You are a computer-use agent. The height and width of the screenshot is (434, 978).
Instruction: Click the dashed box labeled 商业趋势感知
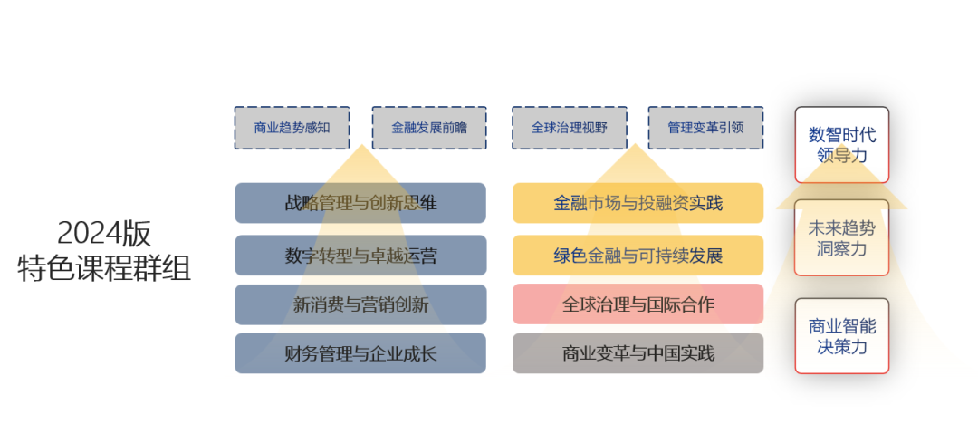click(x=292, y=128)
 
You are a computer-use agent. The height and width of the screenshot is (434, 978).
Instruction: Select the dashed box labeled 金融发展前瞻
click(x=429, y=128)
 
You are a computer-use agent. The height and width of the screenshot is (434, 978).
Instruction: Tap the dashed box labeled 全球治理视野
click(x=569, y=128)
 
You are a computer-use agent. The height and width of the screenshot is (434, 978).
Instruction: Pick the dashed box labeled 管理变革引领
click(x=705, y=128)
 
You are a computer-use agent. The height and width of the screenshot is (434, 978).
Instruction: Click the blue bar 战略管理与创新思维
click(x=360, y=203)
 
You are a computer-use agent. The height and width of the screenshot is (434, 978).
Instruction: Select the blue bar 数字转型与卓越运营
click(x=360, y=256)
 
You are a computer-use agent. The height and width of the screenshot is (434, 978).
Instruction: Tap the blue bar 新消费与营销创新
click(x=360, y=304)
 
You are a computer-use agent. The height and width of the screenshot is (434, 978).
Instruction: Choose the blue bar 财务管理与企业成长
click(x=360, y=353)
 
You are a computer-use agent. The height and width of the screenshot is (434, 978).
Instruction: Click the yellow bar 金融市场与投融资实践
click(x=638, y=203)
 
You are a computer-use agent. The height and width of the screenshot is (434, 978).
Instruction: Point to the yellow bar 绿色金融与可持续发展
click(x=638, y=256)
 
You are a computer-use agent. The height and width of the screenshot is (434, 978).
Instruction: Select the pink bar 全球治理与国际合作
click(x=638, y=304)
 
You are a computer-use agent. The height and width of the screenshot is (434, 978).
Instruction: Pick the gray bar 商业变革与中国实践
click(x=638, y=353)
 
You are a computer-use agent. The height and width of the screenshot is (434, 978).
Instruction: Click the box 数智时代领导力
click(x=842, y=145)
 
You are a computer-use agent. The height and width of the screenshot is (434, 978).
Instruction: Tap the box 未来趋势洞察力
click(x=842, y=237)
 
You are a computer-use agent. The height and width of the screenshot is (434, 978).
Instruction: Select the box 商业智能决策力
click(x=842, y=336)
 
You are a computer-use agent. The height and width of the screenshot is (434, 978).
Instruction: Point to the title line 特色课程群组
click(x=104, y=268)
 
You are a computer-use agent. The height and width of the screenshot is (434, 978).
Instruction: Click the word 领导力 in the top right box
click(x=842, y=156)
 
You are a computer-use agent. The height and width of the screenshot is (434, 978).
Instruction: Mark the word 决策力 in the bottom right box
click(x=842, y=347)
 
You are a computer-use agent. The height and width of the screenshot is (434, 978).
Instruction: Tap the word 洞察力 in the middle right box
click(x=842, y=248)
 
